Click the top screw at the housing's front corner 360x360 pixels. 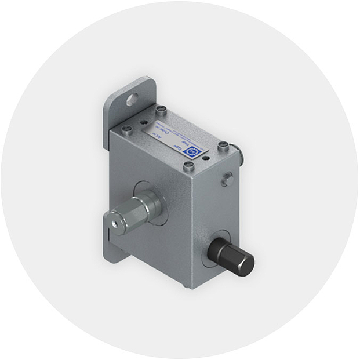pos(189,166)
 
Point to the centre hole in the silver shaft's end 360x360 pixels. pos(113,222)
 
